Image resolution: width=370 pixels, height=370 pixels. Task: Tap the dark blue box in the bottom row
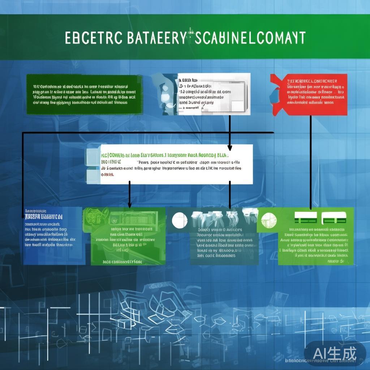pos(54,236)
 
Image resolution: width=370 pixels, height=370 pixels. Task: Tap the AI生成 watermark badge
pos(335,352)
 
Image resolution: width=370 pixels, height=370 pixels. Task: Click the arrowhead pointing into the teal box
pos(230,206)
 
